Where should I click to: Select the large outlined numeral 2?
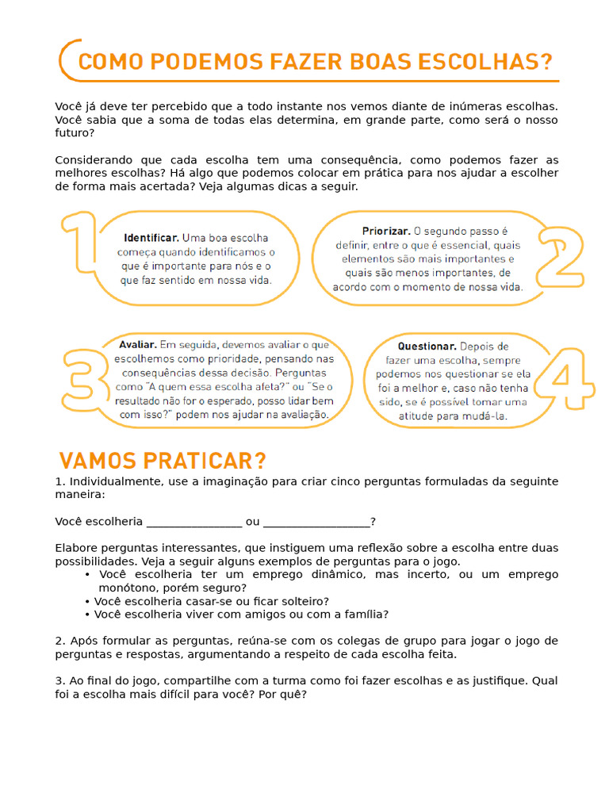560,256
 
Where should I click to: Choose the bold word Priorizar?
386,231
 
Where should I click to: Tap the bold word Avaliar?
137,344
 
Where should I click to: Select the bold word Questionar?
427,346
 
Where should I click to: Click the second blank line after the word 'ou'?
316,521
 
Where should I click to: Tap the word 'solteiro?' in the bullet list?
302,601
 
